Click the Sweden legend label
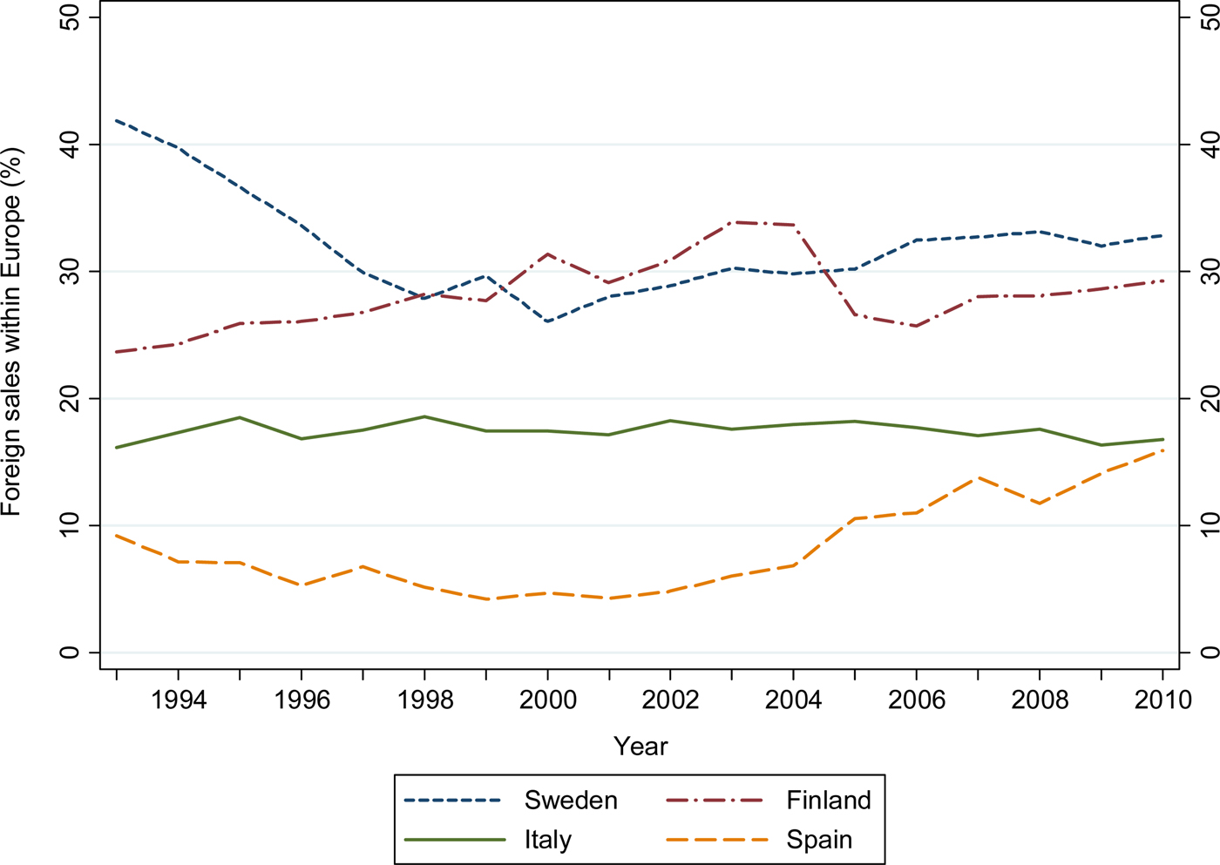[571, 801]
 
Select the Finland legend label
[828, 801]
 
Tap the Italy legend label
[547, 840]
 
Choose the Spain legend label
[819, 840]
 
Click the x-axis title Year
[640, 747]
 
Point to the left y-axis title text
[11, 331]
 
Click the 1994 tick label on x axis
[179, 700]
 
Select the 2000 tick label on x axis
[548, 700]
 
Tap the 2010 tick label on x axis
[1162, 700]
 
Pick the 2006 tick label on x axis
[917, 700]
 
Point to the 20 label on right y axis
[1205, 398]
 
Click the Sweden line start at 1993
[117, 121]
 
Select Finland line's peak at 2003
[733, 222]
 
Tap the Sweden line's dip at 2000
[547, 321]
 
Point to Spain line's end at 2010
[1162, 450]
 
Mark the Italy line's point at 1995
[240, 417]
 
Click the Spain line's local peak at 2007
[978, 477]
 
